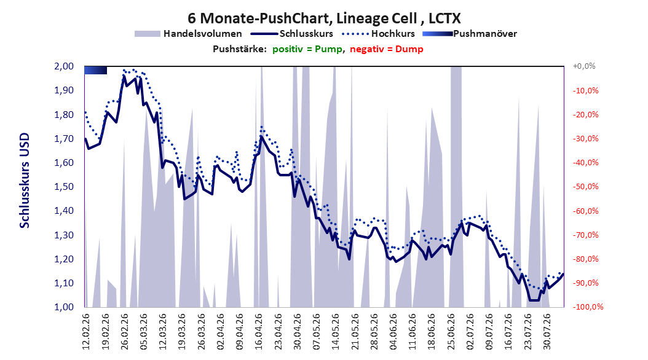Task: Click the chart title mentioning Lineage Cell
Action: click(x=324, y=18)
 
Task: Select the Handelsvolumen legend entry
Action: click(x=188, y=34)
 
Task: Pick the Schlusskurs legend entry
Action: click(x=292, y=34)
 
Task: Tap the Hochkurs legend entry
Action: click(x=379, y=34)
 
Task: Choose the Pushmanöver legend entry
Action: click(x=470, y=34)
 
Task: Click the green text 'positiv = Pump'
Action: click(x=307, y=49)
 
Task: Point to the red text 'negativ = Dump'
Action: click(x=387, y=49)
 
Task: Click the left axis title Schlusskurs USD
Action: click(x=25, y=181)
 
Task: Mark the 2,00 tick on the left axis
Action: click(x=64, y=66)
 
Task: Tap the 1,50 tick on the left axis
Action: click(x=64, y=187)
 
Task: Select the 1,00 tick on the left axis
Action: click(x=64, y=307)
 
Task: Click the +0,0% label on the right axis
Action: click(x=584, y=66)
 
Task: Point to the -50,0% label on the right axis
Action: click(x=585, y=187)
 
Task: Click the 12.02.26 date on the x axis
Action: click(x=86, y=332)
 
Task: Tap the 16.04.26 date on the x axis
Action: click(x=259, y=332)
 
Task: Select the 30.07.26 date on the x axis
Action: click(x=547, y=332)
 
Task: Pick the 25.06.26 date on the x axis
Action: click(x=451, y=332)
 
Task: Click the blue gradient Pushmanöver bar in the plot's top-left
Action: click(x=95, y=70)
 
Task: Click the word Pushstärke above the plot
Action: click(x=239, y=49)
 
